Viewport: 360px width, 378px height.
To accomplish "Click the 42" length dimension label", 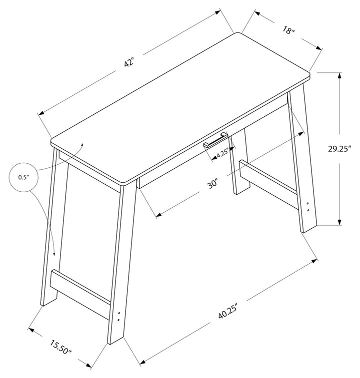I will click(x=129, y=62).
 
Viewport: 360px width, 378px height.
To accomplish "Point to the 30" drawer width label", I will click(x=213, y=184).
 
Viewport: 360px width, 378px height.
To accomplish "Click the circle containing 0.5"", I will click(x=23, y=177).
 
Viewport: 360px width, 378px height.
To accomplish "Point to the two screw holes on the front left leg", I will click(x=118, y=316).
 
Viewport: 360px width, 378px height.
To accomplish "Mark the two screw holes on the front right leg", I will click(x=308, y=207).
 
